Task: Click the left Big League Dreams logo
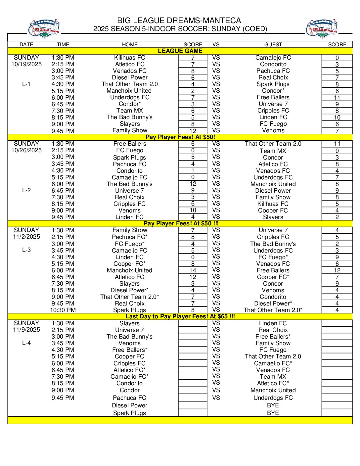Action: click(44, 29)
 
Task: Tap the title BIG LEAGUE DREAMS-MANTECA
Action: click(179, 21)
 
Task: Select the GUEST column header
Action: click(273, 44)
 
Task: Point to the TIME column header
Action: click(63, 44)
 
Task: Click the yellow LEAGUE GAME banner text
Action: click(180, 51)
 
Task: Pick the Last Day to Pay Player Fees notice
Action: click(180, 316)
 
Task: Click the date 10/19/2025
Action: click(26, 64)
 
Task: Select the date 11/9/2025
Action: click(26, 330)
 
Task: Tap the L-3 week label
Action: click(26, 250)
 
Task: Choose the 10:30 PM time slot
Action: click(63, 310)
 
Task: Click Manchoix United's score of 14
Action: click(193, 270)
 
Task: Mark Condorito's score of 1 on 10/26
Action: click(193, 170)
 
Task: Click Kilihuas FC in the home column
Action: click(130, 58)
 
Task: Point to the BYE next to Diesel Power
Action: click(273, 405)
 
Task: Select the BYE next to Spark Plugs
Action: click(273, 413)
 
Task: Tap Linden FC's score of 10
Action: click(337, 117)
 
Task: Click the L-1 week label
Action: click(26, 84)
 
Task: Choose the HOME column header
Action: click(130, 44)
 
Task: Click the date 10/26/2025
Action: click(26, 150)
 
